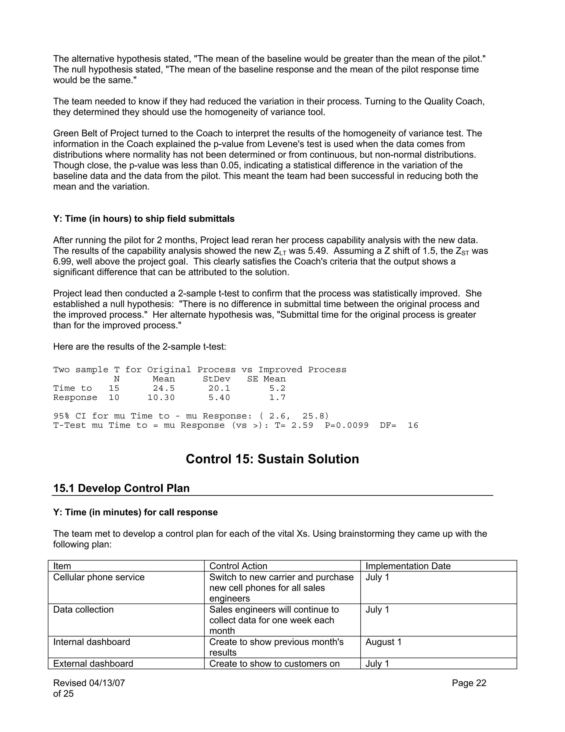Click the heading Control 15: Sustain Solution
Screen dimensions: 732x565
click(272, 459)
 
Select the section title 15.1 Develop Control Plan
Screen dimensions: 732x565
click(121, 488)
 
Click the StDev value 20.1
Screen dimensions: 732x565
click(219, 388)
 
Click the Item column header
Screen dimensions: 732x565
click(62, 566)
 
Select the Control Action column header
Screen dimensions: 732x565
click(238, 566)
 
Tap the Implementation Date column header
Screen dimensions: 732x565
click(408, 566)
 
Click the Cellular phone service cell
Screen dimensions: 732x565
click(99, 577)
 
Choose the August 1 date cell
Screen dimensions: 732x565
click(383, 642)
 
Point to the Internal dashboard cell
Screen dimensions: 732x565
click(91, 642)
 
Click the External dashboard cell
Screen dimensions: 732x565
click(93, 663)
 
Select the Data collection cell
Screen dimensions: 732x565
click(83, 609)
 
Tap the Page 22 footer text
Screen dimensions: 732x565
click(469, 683)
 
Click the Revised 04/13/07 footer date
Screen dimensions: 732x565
click(89, 683)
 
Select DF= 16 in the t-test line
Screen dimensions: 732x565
click(399, 425)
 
